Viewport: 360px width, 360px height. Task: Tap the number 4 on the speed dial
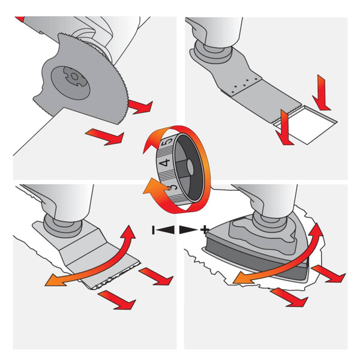(165, 163)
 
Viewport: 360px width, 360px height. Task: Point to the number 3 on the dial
(173, 187)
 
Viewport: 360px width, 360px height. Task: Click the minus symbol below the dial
(153, 230)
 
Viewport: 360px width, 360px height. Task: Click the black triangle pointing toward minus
(166, 230)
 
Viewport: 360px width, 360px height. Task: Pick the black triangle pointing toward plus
(188, 230)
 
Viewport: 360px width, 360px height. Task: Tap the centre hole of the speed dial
(190, 166)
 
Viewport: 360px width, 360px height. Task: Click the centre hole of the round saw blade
(74, 76)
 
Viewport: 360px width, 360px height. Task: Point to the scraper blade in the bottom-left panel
(92, 257)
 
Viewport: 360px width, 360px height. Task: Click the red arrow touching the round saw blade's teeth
(140, 106)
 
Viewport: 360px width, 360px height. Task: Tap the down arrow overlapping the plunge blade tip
(284, 128)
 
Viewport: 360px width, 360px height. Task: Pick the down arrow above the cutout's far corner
(321, 93)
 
